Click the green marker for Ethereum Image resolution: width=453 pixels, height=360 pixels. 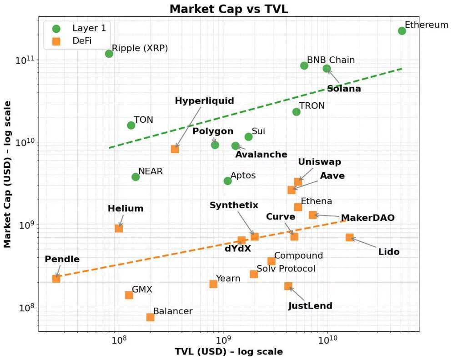[402, 31]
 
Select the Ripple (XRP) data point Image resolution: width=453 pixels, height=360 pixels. [109, 54]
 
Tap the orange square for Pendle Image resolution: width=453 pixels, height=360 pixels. [56, 279]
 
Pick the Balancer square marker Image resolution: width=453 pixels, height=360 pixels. [150, 317]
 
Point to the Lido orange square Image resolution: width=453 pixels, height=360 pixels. [349, 237]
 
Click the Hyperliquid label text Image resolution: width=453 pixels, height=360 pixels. [204, 101]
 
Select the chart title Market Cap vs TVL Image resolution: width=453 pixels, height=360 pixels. [229, 9]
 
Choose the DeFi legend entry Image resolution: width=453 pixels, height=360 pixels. [82, 41]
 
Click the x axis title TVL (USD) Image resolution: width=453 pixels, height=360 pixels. [229, 352]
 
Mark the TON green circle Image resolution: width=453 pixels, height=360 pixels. [131, 125]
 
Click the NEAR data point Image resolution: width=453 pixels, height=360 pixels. [136, 177]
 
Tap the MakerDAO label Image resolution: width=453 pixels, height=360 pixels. [367, 218]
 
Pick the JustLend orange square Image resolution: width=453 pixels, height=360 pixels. [288, 286]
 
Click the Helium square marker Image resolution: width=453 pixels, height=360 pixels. [119, 228]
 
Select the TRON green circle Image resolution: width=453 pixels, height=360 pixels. [296, 112]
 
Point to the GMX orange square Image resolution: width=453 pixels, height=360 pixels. [129, 295]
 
